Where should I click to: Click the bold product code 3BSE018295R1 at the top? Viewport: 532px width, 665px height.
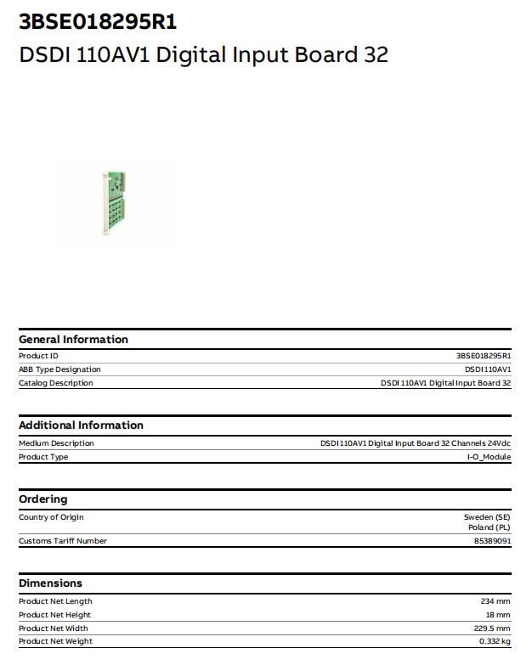tap(98, 21)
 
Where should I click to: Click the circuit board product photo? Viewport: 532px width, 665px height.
tap(114, 203)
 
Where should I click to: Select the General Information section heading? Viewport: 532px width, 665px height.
tap(73, 340)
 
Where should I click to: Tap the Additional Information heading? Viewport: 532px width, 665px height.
tap(81, 425)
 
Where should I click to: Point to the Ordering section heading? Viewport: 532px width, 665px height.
tap(42, 499)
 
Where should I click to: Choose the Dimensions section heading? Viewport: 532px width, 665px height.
tap(50, 583)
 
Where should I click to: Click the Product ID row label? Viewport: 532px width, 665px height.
tap(38, 356)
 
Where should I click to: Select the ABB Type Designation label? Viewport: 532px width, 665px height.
tap(59, 369)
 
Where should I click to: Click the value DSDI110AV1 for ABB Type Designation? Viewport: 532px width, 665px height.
tap(488, 369)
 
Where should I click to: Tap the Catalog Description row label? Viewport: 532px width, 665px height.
tap(56, 383)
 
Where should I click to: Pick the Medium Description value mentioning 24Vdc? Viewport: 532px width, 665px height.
tap(416, 443)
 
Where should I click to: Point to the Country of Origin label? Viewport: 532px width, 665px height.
tap(51, 517)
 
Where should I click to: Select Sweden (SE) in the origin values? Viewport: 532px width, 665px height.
tap(487, 517)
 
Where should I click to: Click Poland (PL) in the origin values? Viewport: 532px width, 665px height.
tap(490, 527)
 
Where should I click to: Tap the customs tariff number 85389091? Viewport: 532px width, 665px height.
tap(492, 541)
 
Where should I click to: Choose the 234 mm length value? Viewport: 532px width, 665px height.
tap(495, 601)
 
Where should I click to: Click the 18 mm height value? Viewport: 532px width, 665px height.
tap(498, 615)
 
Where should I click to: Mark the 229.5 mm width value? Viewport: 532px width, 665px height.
tap(492, 628)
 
